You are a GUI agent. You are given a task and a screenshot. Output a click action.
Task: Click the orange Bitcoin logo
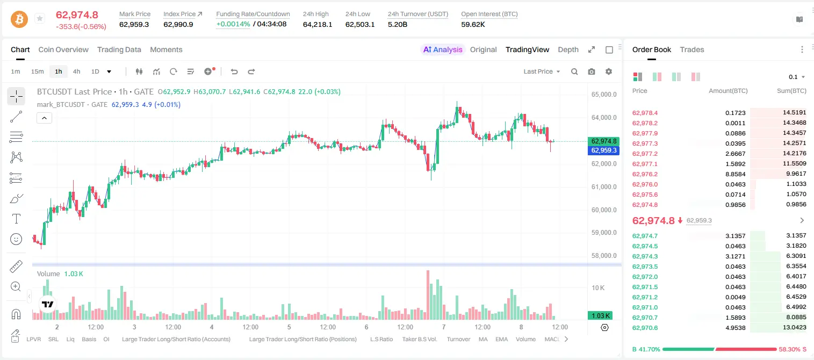coord(19,19)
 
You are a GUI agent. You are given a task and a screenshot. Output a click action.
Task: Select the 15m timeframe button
coord(37,71)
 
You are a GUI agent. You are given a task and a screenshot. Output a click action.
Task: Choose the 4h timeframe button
coord(76,71)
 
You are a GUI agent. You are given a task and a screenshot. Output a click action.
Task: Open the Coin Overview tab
coord(63,50)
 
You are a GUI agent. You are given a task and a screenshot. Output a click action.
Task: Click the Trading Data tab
coord(119,50)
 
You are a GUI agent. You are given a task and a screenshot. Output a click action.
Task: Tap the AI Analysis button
coord(443,50)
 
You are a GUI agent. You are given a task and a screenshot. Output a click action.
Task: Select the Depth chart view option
coord(568,50)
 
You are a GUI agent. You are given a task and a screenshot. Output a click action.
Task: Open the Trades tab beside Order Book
coord(692,50)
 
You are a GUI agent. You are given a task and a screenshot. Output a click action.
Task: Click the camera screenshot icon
coord(592,71)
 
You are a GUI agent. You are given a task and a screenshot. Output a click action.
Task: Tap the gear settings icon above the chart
coord(609,71)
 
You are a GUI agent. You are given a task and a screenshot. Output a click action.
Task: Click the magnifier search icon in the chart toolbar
coord(574,71)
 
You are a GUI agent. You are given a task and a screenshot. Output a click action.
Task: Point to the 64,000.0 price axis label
coord(604,118)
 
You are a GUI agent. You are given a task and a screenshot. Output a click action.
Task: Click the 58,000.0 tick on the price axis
coord(604,256)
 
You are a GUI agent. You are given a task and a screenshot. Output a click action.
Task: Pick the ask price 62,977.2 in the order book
coord(645,154)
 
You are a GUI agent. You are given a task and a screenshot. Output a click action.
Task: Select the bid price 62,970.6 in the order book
coord(645,328)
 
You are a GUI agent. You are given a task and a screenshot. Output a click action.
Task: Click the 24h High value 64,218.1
coord(318,24)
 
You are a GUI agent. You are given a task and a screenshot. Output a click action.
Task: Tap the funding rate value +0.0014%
coord(233,24)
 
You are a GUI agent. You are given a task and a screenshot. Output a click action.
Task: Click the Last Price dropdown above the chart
coord(542,71)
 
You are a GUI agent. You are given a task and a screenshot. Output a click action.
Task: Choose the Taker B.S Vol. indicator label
coord(419,339)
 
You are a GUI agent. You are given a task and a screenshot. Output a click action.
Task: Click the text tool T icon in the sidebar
coord(16,219)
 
